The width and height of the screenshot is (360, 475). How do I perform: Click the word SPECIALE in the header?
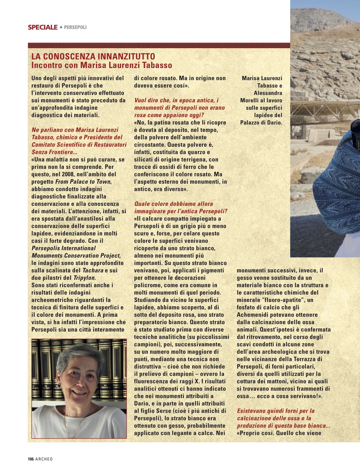43,27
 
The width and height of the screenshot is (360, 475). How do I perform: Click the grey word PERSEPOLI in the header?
75,27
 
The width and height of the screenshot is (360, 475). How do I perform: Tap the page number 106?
31,459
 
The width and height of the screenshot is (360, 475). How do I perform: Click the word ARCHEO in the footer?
44,459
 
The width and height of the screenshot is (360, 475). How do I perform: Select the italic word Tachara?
93,270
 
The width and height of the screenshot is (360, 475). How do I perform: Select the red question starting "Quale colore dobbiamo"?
173,204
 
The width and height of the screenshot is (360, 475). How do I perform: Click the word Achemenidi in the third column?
255,315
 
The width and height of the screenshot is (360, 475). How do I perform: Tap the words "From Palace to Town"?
83,182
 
